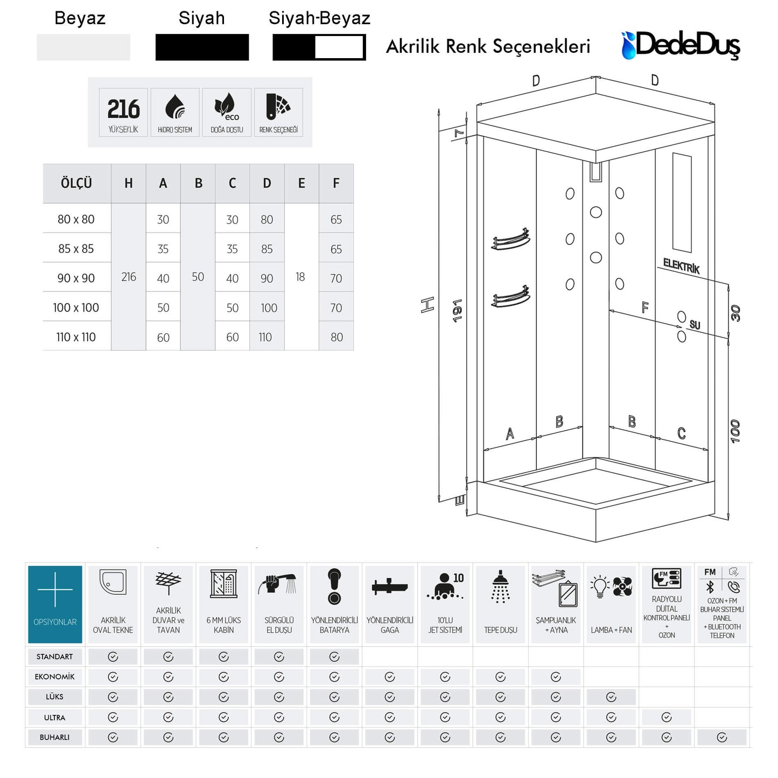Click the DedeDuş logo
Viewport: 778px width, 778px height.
681,45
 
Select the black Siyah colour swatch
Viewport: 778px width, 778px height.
202,47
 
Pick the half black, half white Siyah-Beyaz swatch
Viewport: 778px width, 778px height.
319,47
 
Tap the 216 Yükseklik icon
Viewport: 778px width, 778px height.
123,113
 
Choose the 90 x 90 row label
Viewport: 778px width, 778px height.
76,278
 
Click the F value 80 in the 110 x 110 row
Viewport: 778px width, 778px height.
337,337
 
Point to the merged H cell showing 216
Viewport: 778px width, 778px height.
129,277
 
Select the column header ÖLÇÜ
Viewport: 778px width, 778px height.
76,184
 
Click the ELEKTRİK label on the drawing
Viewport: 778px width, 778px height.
681,266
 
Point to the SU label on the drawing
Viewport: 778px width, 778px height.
695,325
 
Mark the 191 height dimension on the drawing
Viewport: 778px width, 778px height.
457,311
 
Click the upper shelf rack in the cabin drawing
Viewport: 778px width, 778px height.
510,240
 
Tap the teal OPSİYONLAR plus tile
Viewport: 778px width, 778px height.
55,604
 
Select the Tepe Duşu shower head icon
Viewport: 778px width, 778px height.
501,587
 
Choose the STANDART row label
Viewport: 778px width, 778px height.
54,657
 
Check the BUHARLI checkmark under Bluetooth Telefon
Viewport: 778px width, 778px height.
722,738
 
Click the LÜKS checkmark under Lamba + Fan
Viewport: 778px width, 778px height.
611,697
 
